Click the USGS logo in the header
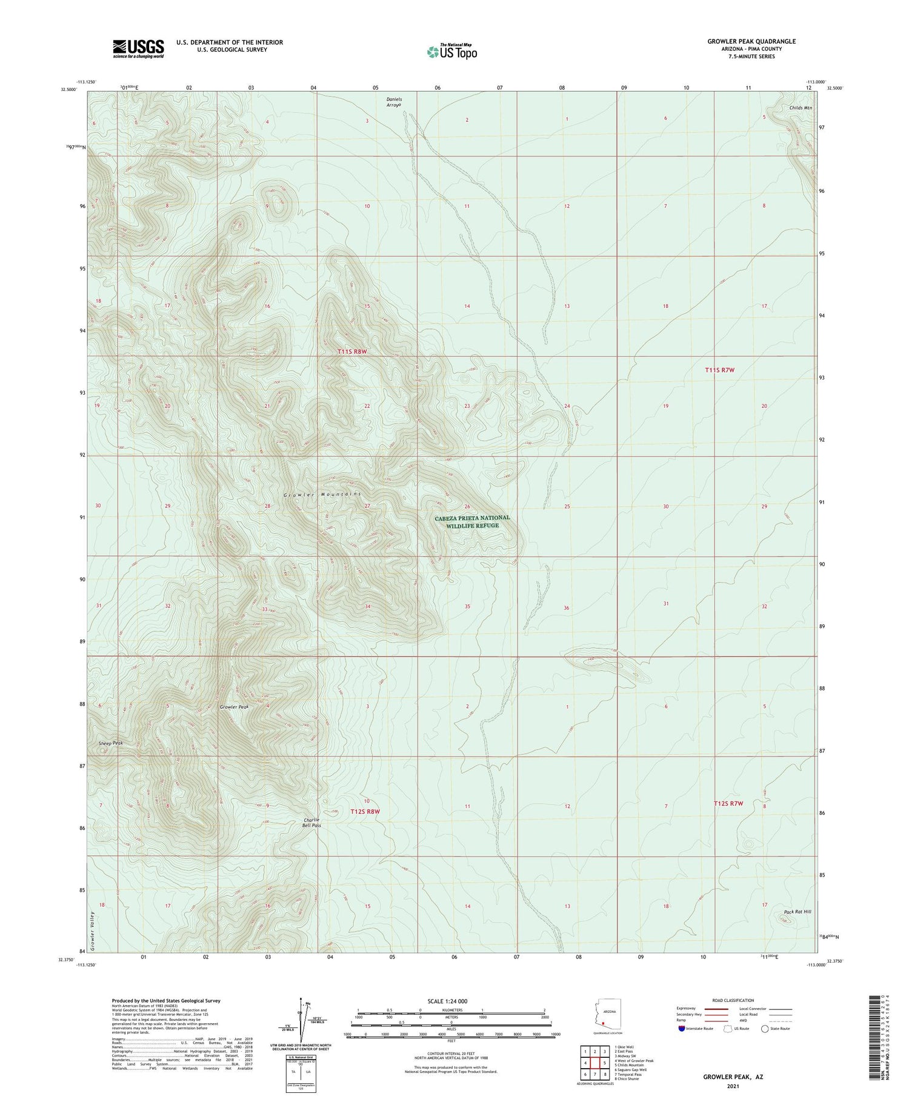click(x=138, y=48)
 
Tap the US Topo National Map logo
click(x=451, y=52)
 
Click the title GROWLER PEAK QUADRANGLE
click(x=751, y=41)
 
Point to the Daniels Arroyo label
click(x=394, y=102)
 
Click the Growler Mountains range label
click(x=322, y=495)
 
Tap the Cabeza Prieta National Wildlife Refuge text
click(x=472, y=522)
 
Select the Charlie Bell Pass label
click(x=312, y=822)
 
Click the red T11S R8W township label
click(x=352, y=352)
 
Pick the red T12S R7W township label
click(x=728, y=803)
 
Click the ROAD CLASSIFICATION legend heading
click(x=732, y=1000)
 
